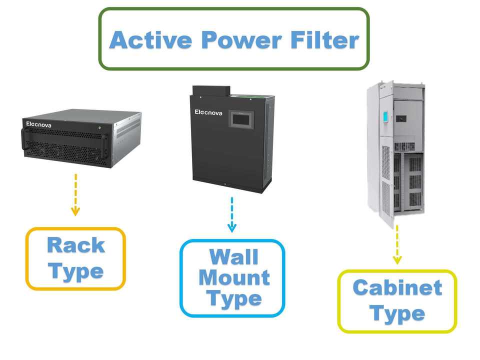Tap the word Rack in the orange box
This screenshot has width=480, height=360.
76,245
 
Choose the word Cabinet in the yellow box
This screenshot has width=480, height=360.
397,288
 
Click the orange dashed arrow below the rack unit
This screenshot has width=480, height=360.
75,195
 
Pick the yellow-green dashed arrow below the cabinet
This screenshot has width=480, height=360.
397,245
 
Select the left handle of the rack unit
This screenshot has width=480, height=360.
23,142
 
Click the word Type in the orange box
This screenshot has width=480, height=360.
76,271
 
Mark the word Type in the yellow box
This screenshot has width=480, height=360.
397,314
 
